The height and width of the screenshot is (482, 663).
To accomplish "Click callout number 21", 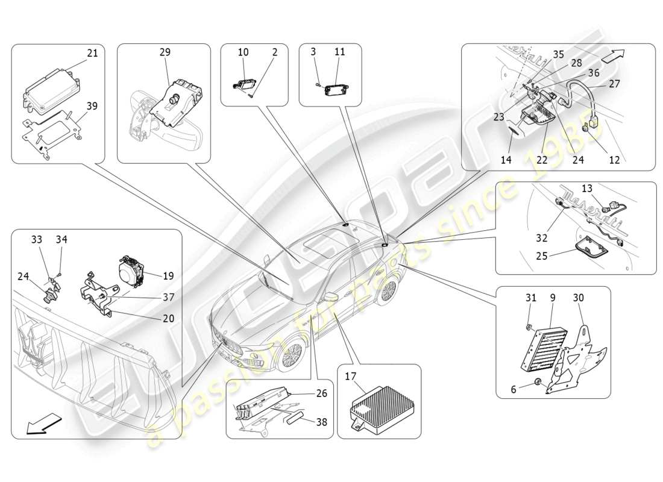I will coord(92,53).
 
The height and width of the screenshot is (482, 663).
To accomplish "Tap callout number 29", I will coord(165,53).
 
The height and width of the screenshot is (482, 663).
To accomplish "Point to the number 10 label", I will coord(243,53).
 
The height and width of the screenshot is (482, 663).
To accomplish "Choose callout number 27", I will coord(614,84).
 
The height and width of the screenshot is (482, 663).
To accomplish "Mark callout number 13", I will coord(587,188).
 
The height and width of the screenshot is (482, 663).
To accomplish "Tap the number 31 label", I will coord(530,298).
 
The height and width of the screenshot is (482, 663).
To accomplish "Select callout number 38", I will coord(321,422).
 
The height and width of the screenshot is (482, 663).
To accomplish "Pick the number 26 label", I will coord(321,395).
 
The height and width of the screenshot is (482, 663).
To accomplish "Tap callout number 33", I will coord(37,239).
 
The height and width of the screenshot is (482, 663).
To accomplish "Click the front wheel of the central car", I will coord(293,355).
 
